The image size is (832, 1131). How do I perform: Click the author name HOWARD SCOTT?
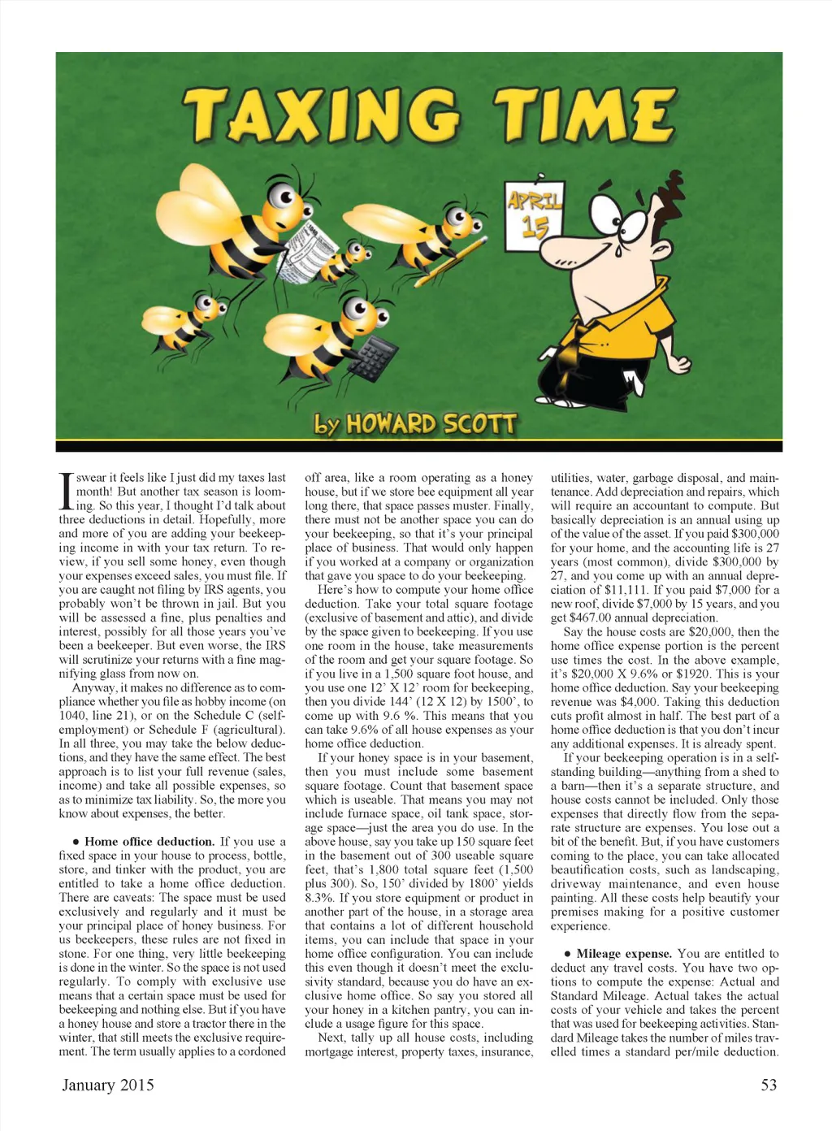[x=431, y=423]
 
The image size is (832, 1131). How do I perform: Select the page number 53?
[x=768, y=1085]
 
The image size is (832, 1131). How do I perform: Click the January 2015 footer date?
[x=108, y=1085]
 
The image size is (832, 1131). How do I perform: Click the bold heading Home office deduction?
[x=149, y=842]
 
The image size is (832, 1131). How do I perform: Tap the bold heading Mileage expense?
[x=624, y=954]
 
